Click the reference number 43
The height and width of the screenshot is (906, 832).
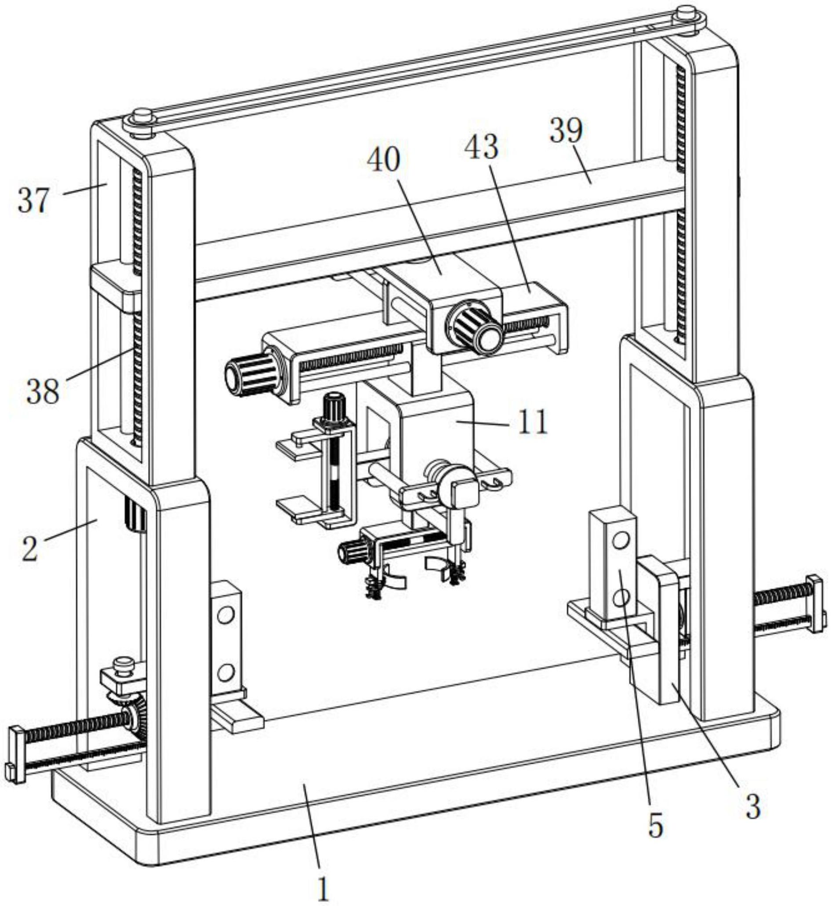pos(482,147)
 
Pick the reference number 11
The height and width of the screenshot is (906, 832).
pos(533,422)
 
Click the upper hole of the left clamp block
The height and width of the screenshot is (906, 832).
pos(225,614)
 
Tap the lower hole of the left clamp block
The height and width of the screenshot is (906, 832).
pos(225,673)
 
